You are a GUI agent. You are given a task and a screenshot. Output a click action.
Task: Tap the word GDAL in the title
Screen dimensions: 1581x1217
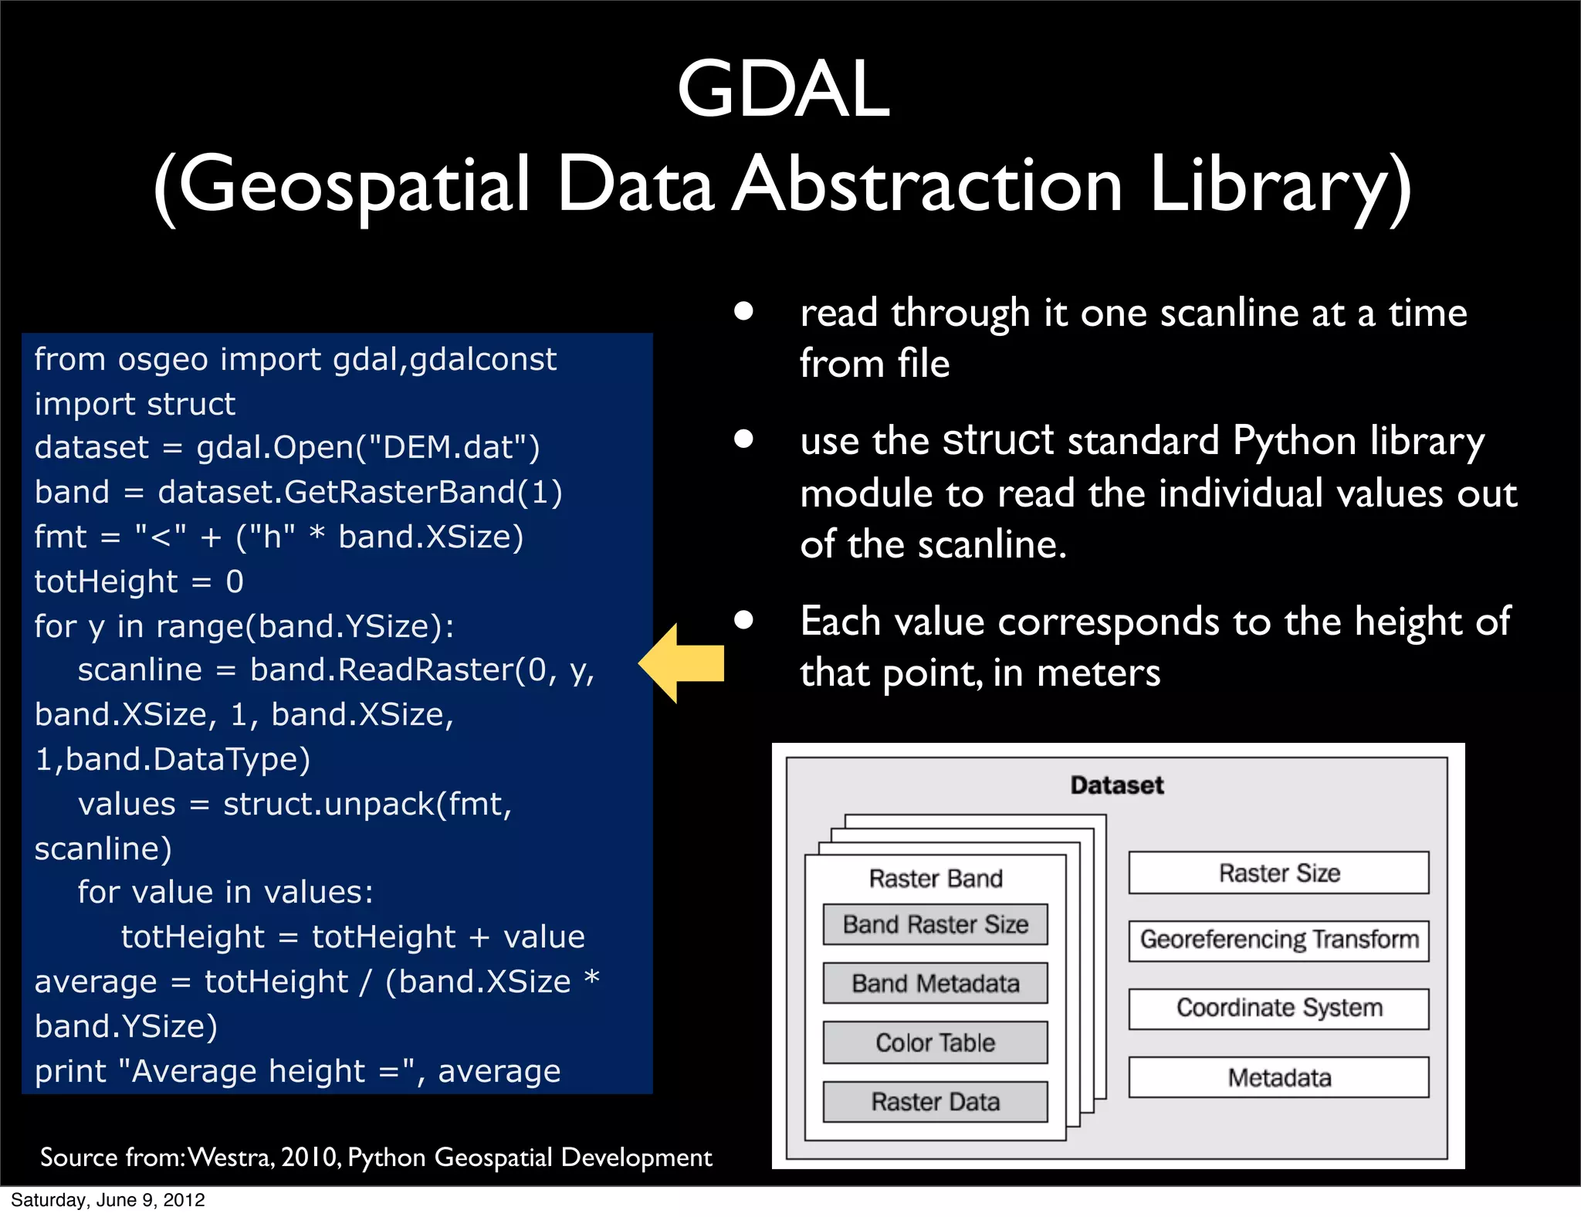(784, 90)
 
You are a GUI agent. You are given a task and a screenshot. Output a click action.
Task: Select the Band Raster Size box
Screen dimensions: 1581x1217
(935, 924)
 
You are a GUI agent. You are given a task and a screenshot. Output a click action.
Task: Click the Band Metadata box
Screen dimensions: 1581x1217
(935, 983)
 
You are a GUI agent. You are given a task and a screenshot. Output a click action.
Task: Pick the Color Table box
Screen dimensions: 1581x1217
(935, 1042)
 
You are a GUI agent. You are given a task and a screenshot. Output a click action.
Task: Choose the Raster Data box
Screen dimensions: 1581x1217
(935, 1102)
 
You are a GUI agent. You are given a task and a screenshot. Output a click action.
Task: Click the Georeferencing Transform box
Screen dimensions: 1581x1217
(1278, 940)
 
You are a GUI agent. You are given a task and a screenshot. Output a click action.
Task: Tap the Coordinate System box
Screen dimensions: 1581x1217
(1278, 1008)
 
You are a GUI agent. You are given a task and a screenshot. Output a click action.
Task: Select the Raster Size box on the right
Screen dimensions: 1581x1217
(1278, 873)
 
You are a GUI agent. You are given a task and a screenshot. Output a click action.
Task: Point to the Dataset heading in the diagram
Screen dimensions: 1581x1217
(1116, 785)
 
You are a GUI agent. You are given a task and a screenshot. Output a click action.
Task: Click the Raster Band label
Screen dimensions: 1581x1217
(935, 879)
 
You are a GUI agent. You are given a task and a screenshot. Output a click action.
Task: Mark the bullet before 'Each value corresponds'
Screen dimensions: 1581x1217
(743, 620)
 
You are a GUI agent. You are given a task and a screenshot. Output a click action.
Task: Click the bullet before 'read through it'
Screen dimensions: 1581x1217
(743, 311)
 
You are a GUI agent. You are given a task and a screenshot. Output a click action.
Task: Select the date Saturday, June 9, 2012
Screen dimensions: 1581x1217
(108, 1200)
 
